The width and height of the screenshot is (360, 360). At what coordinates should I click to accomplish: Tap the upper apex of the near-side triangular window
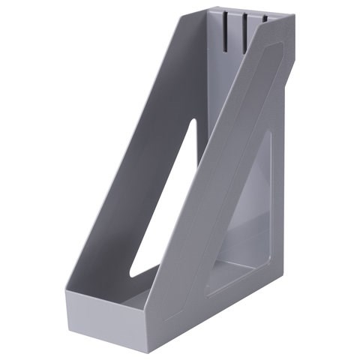(x=268, y=135)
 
